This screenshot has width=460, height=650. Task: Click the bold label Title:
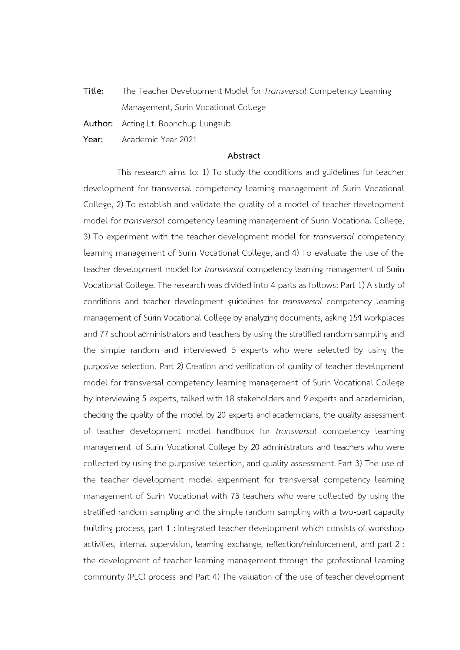93,91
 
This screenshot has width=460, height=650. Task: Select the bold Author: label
98,124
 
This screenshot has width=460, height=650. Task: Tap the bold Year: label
93,140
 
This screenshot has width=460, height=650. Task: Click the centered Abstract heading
244,156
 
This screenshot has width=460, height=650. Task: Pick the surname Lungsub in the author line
215,124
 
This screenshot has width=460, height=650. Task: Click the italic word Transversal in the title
285,91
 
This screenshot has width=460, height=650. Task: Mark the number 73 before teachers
235,496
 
